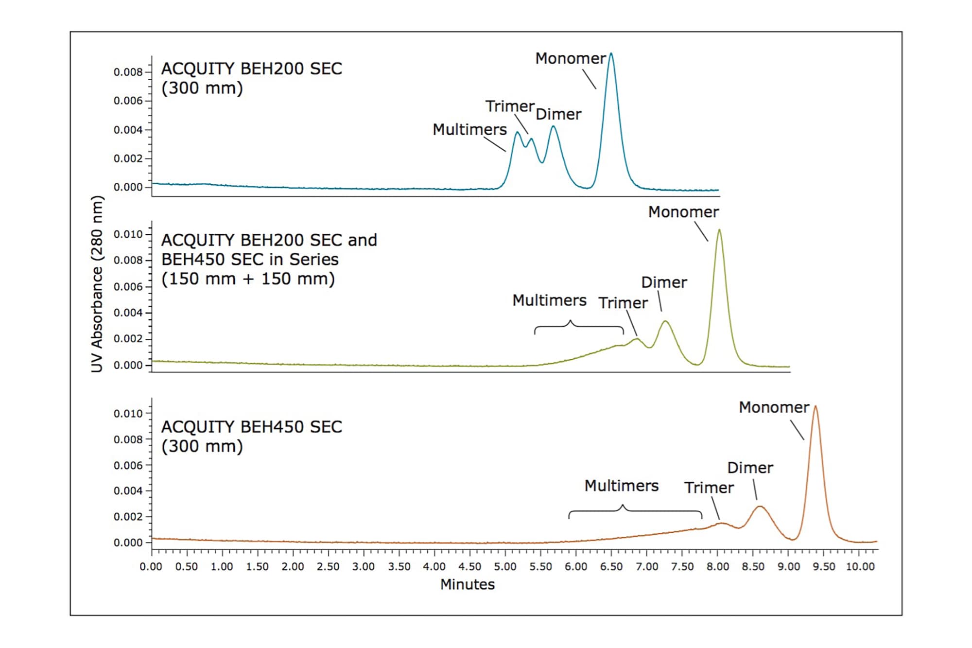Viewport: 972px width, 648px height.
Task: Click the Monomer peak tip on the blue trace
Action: [611, 54]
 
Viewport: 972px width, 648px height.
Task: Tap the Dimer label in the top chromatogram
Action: [558, 114]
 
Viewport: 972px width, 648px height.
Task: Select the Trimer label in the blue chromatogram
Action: [510, 106]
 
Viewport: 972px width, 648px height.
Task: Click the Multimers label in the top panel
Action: [469, 129]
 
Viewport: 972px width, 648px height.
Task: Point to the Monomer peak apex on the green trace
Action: [719, 230]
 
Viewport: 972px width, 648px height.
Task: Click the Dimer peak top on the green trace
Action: [665, 321]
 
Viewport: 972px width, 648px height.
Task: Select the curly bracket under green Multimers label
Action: [579, 327]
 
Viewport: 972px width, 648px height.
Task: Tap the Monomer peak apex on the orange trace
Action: [816, 407]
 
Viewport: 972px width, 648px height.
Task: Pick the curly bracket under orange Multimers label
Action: [635, 511]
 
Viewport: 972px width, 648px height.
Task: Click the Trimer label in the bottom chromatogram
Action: [709, 488]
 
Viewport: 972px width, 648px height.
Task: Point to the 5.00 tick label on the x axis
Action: [505, 567]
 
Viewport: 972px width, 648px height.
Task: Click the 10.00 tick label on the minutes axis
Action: [860, 567]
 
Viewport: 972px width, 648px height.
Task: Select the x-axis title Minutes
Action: [467, 584]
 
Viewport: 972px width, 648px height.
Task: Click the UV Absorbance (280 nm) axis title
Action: [97, 284]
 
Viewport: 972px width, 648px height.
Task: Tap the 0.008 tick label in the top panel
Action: [128, 72]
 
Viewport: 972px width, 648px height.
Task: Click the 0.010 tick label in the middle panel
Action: [128, 234]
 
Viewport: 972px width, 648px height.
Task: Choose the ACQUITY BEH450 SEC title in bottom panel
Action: [251, 427]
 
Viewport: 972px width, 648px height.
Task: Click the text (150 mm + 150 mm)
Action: [248, 279]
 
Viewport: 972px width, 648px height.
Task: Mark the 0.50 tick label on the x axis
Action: [187, 567]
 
